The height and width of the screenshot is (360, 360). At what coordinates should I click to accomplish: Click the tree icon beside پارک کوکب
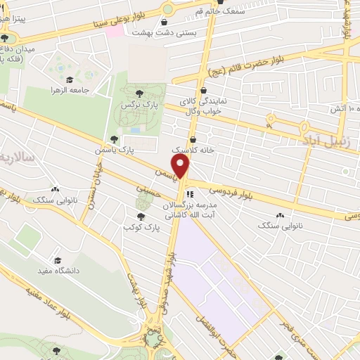[141, 217]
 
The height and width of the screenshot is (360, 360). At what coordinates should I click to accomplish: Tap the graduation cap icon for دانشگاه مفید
[57, 260]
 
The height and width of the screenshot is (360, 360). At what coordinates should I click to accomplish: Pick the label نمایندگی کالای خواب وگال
[203, 105]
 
